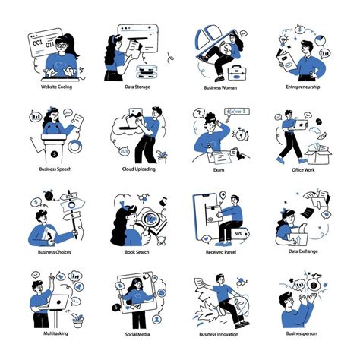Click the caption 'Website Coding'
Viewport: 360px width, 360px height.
coord(55,87)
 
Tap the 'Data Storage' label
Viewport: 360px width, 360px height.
coord(137,87)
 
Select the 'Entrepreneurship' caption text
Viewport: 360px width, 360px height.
coord(302,87)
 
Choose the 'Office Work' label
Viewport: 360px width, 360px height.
coord(302,169)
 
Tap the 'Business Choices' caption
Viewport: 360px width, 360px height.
coord(55,251)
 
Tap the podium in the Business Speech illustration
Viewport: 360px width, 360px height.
coord(55,144)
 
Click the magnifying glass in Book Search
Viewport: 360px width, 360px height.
coord(150,223)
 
